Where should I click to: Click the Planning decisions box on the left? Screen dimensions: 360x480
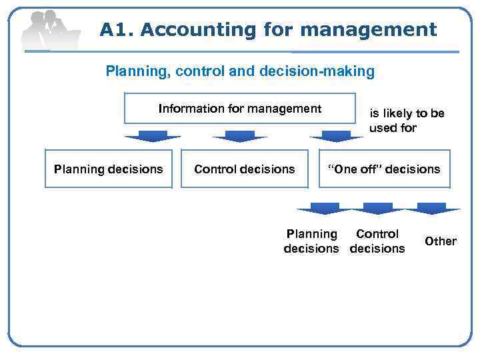click(x=108, y=169)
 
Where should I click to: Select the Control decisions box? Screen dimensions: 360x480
click(x=244, y=169)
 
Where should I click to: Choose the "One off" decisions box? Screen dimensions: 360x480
click(x=383, y=169)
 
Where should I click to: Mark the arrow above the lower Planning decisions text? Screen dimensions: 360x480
click(x=324, y=208)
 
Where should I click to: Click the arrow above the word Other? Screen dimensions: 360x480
click(x=433, y=208)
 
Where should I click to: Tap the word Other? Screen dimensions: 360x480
click(x=441, y=241)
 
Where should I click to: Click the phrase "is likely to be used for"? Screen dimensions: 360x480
click(x=407, y=121)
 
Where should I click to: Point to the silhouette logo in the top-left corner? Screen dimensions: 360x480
click(x=50, y=30)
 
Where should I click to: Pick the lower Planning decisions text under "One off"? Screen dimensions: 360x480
click(x=311, y=241)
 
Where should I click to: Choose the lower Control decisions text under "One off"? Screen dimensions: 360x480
click(x=377, y=241)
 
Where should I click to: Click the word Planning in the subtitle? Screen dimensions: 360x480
click(x=136, y=71)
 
